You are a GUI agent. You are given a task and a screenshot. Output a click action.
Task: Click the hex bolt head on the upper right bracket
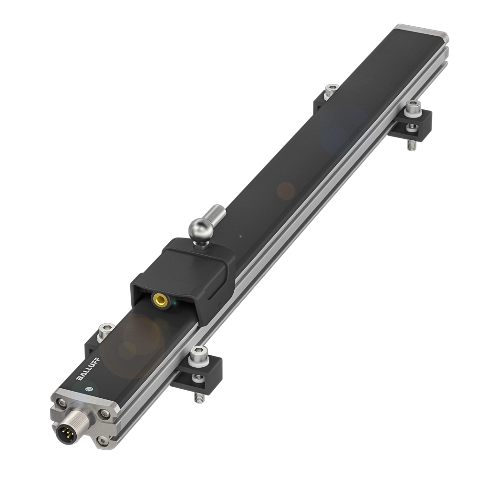click(413, 107)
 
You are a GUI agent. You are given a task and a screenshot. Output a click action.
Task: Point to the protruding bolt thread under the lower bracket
click(197, 393)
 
